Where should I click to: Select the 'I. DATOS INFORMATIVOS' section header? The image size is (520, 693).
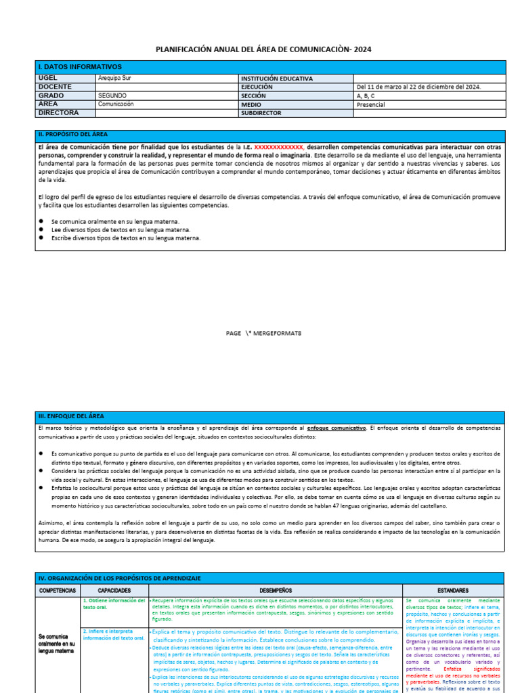(x=80, y=67)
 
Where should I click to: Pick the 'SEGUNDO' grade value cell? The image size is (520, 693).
(x=112, y=96)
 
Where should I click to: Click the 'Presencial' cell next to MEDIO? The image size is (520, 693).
(x=370, y=105)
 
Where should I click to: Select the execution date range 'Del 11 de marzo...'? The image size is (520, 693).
(x=418, y=87)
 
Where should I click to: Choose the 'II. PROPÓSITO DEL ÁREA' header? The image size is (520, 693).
(x=73, y=135)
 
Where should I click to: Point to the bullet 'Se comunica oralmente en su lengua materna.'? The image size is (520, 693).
(x=115, y=221)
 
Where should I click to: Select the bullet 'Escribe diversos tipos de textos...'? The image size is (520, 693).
(x=125, y=238)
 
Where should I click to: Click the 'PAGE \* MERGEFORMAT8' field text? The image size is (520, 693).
(x=263, y=333)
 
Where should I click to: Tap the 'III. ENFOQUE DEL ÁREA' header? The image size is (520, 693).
(x=71, y=416)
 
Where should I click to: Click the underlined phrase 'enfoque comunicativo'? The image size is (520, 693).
(x=336, y=428)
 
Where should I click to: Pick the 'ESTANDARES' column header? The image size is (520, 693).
(x=452, y=590)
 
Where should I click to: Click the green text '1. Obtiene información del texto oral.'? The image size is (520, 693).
(x=114, y=603)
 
